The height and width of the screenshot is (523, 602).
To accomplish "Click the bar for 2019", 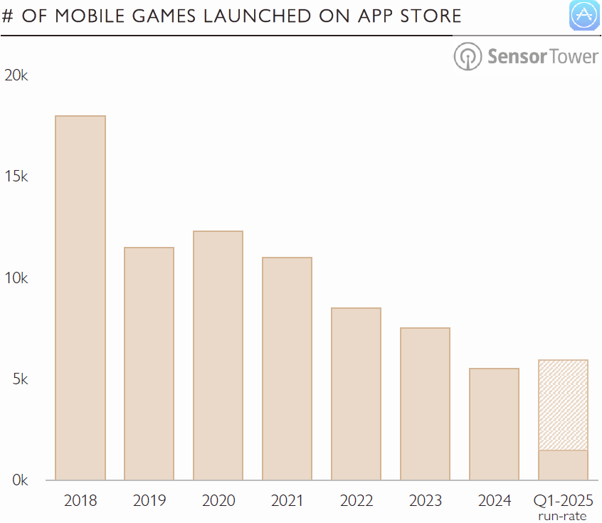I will coord(149,364).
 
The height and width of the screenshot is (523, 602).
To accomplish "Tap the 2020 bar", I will coord(218,355).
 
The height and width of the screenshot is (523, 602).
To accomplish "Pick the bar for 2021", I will coord(287,369).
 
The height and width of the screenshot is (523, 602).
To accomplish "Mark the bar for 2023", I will coord(425,403).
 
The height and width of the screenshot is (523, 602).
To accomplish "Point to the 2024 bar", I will coord(494,424).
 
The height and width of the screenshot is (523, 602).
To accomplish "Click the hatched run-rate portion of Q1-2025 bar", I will coord(563,405).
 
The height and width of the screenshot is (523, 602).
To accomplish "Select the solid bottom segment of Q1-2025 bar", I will coord(563,465).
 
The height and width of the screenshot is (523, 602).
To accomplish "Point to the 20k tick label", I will coord(16,75).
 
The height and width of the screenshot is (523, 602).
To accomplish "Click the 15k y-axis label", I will coord(16,177).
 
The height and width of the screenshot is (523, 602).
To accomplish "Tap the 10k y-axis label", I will coord(16,278).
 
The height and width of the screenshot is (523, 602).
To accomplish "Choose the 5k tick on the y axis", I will coord(19,379).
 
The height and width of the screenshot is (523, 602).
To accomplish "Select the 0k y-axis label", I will coord(19,480).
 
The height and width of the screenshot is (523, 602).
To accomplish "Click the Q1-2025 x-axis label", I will coord(563,500).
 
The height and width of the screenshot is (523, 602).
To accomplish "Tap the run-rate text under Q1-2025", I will coord(563,516).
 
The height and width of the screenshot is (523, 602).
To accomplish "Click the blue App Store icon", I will coord(585,16).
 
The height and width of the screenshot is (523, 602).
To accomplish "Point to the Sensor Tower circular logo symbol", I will coord(468,56).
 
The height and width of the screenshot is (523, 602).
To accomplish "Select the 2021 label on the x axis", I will coord(287,500).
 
